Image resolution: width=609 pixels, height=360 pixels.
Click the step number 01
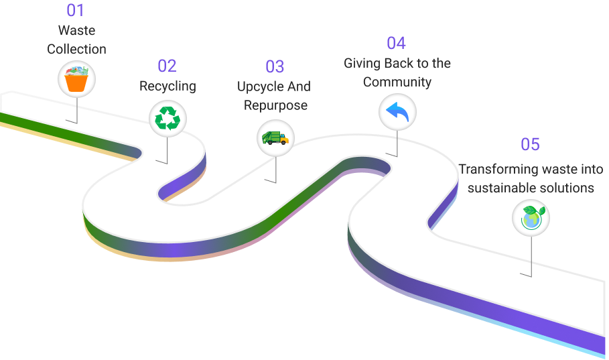pyautogui.click(x=76, y=11)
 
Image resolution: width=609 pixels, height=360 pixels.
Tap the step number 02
pyautogui.click(x=167, y=66)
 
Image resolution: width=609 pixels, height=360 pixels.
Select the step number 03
pyautogui.click(x=275, y=66)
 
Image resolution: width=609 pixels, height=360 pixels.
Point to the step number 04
pyautogui.click(x=396, y=43)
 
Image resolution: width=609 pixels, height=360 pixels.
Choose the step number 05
pyautogui.click(x=530, y=144)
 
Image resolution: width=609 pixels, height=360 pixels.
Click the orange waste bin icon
pyautogui.click(x=76, y=80)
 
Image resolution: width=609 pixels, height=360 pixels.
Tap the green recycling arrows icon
pyautogui.click(x=167, y=118)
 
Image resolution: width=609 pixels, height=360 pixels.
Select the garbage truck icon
pyautogui.click(x=275, y=137)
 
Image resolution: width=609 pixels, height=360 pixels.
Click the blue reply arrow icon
pyautogui.click(x=397, y=112)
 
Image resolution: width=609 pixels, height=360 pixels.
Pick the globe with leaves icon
pyautogui.click(x=531, y=217)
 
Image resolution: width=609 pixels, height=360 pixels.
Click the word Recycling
pyautogui.click(x=167, y=86)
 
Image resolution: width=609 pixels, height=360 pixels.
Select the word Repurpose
pyautogui.click(x=275, y=105)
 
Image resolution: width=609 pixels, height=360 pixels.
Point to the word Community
pyautogui.click(x=397, y=82)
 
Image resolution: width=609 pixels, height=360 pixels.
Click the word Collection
pyautogui.click(x=76, y=50)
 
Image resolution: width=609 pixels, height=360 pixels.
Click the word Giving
pyautogui.click(x=360, y=64)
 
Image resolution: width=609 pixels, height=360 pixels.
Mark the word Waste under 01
pyautogui.click(x=76, y=31)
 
